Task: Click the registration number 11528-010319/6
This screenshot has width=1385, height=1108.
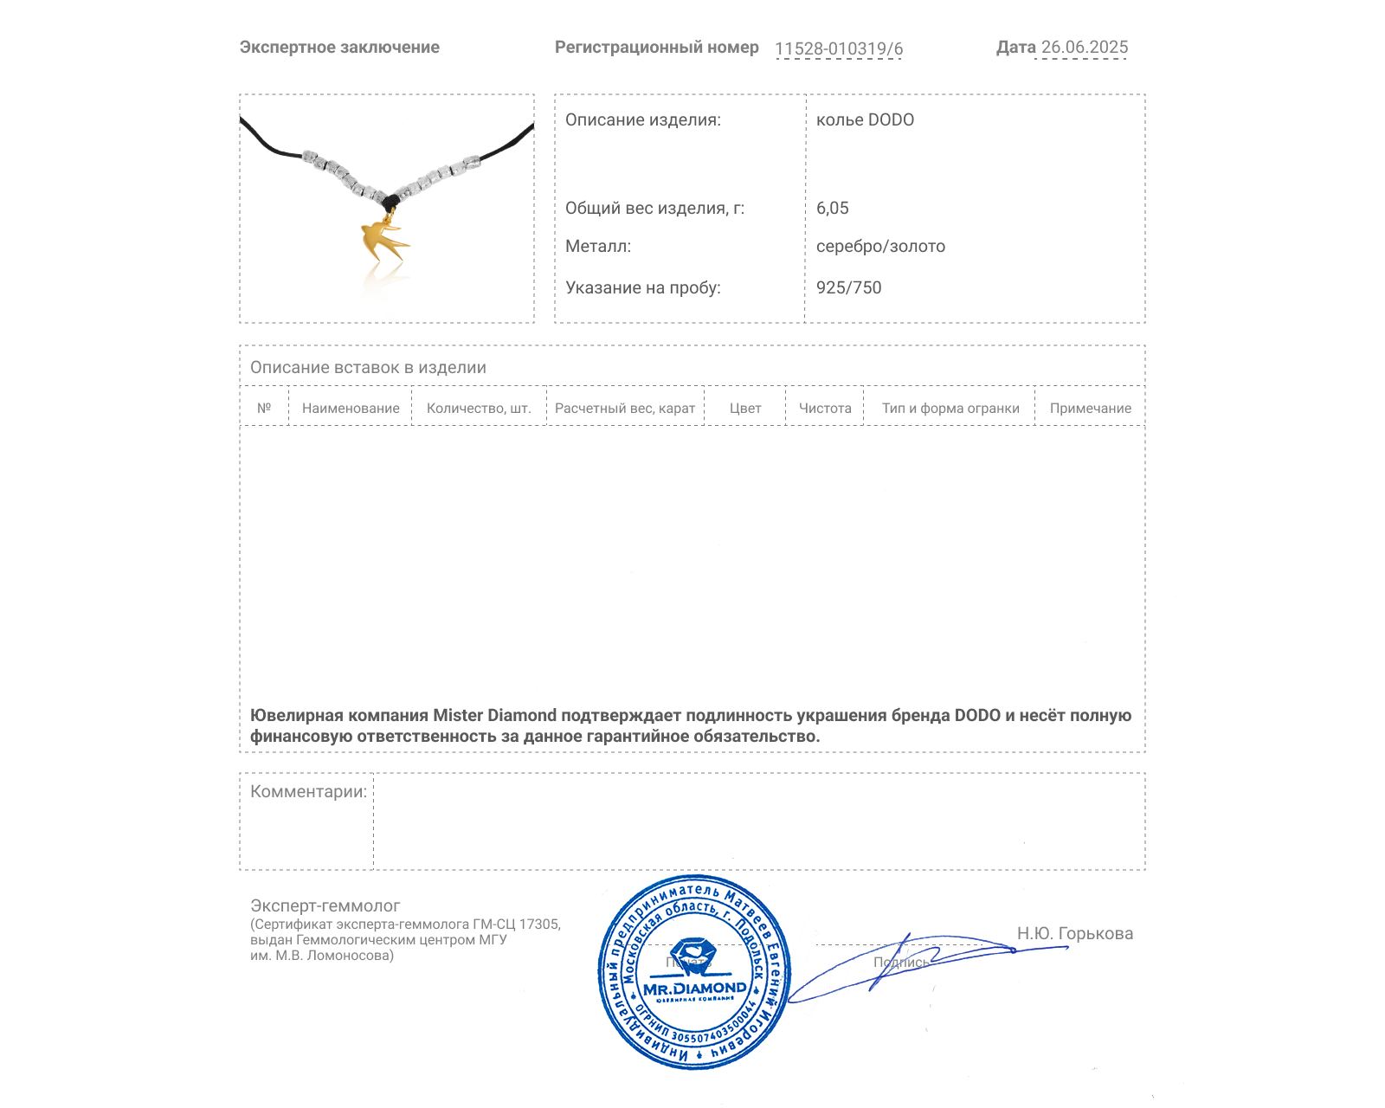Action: click(838, 49)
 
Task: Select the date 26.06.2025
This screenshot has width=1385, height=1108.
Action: click(1084, 48)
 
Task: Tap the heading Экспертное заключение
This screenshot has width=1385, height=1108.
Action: click(339, 48)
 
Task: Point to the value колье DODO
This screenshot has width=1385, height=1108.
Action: click(865, 120)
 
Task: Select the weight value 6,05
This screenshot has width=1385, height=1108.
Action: click(832, 209)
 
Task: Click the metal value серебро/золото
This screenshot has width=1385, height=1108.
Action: click(880, 247)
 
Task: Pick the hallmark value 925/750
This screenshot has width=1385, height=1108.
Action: click(848, 288)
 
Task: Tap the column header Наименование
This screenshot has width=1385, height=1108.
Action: click(351, 409)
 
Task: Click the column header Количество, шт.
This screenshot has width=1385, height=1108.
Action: click(479, 409)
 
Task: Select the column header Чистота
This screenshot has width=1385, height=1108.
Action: click(825, 409)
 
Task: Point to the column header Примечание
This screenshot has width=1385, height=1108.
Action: click(1090, 409)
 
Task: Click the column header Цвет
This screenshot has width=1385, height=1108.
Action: click(745, 409)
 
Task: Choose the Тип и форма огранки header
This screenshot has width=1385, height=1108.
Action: click(950, 409)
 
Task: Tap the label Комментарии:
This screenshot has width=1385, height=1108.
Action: click(308, 792)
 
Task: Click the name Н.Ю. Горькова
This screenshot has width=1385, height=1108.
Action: click(1074, 934)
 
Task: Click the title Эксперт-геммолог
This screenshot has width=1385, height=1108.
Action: click(325, 906)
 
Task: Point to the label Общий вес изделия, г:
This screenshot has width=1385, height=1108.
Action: click(654, 209)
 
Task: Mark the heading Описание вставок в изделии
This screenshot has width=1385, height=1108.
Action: click(368, 368)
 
